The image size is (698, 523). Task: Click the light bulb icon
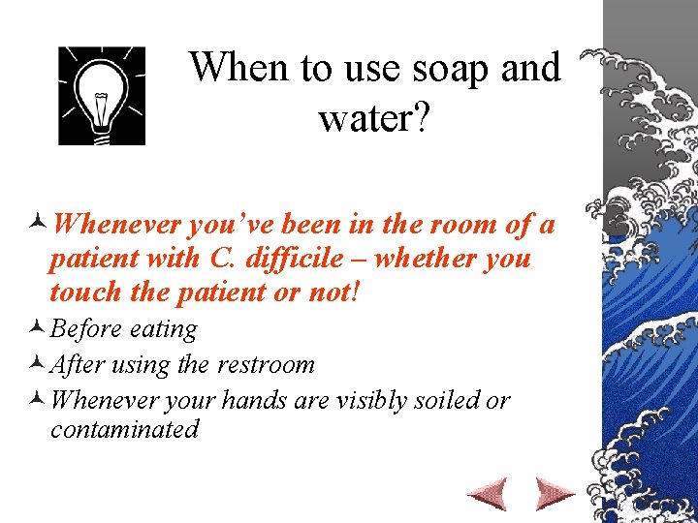click(102, 96)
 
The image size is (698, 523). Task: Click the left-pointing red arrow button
click(487, 493)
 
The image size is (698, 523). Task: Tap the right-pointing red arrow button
click(555, 493)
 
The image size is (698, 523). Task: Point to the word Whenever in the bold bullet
click(117, 225)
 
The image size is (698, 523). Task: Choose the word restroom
click(266, 365)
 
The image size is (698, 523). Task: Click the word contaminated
click(124, 429)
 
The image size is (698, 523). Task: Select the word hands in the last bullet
click(254, 400)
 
